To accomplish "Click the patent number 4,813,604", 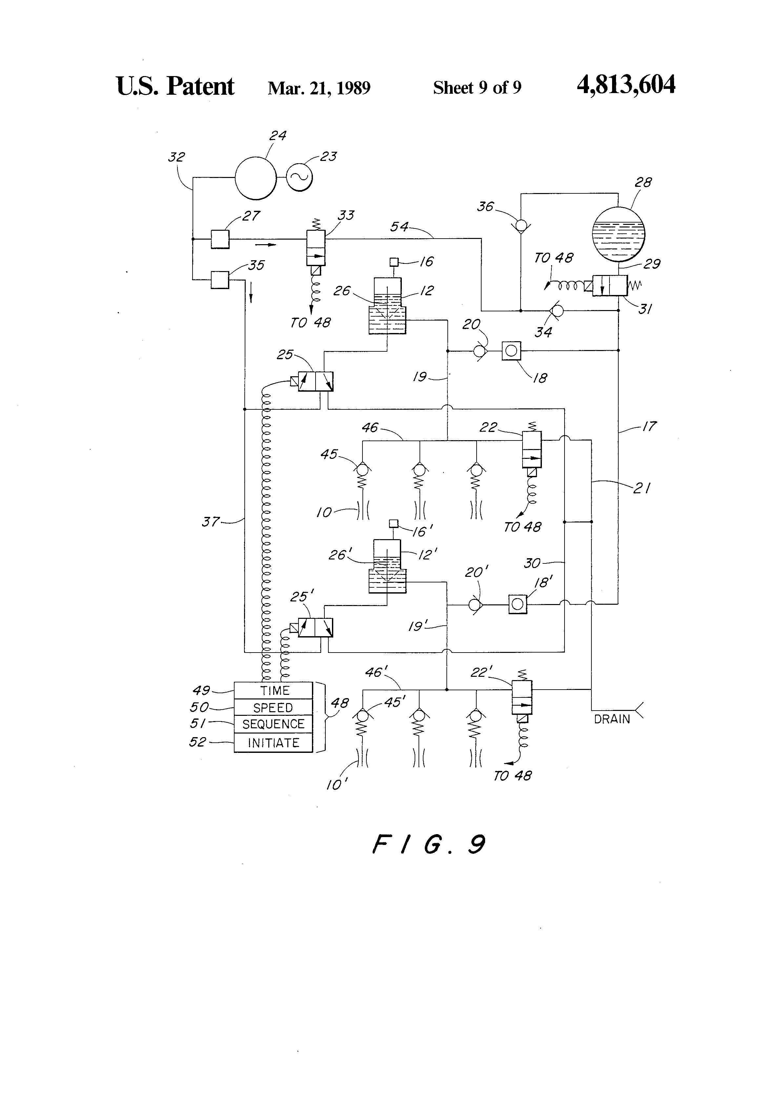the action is [x=626, y=85].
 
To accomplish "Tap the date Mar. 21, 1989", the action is [x=319, y=88].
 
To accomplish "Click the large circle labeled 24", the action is [x=256, y=178].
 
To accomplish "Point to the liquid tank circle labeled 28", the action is [x=618, y=234].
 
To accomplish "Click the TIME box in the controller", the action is [x=273, y=691].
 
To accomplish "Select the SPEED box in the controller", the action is [x=273, y=708].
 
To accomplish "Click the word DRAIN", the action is [x=612, y=719].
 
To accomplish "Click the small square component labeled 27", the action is [x=220, y=239].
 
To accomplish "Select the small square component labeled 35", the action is [x=220, y=279].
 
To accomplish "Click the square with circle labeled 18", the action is [x=511, y=351].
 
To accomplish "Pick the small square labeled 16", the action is [x=394, y=262].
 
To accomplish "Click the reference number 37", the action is [x=211, y=521].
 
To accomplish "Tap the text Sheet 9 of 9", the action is [x=477, y=88].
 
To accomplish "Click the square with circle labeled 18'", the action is [x=518, y=604].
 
